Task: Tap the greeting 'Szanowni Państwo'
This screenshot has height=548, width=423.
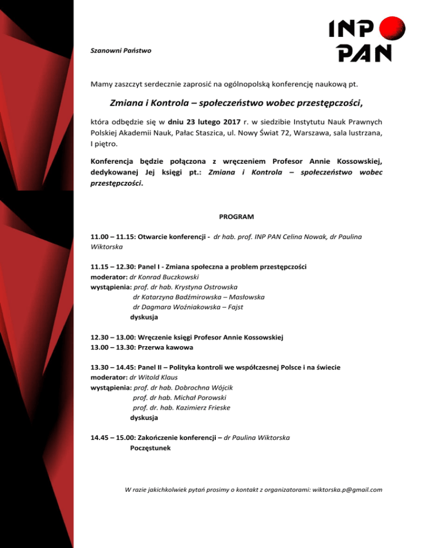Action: [121, 51]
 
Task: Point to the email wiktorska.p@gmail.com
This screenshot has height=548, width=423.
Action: [347, 489]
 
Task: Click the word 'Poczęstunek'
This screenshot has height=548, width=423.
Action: [150, 448]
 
